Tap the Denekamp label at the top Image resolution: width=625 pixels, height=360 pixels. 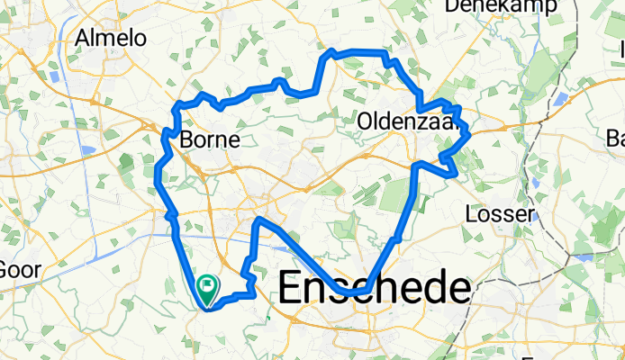click(x=501, y=5)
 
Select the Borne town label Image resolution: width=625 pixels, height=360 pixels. click(x=210, y=139)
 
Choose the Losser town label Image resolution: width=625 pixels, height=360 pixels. click(x=501, y=213)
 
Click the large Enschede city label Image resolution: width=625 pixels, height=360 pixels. click(x=374, y=290)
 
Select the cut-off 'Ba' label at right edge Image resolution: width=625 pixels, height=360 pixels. click(x=616, y=139)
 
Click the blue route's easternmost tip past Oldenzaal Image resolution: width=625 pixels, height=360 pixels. click(x=470, y=135)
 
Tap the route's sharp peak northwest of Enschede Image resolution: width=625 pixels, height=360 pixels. click(x=258, y=220)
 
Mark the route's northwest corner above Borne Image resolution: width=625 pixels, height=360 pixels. click(x=177, y=106)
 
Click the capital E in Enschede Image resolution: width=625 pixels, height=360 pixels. click(x=292, y=290)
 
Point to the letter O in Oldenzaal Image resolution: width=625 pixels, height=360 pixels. click(x=367, y=120)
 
